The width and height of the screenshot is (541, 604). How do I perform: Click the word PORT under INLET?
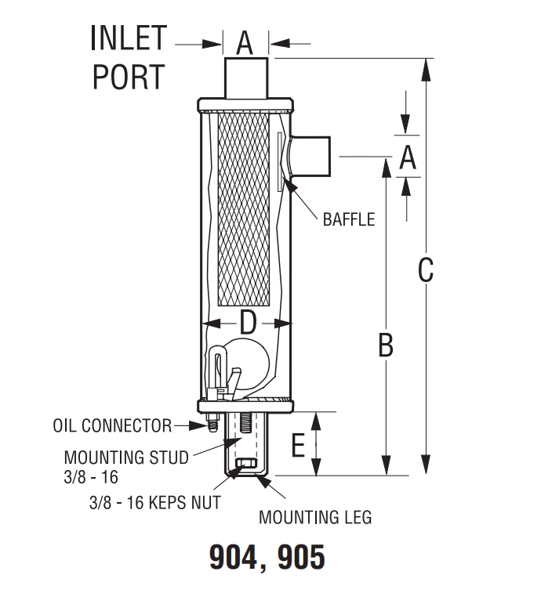pyautogui.click(x=129, y=77)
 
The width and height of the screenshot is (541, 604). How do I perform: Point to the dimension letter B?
pyautogui.click(x=385, y=345)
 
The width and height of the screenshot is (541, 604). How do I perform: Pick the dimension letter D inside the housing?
pyautogui.click(x=247, y=322)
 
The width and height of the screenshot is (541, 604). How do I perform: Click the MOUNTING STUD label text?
pyautogui.click(x=126, y=458)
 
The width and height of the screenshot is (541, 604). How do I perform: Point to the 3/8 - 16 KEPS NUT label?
pyautogui.click(x=154, y=502)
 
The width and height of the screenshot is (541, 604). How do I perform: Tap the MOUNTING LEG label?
pyautogui.click(x=315, y=518)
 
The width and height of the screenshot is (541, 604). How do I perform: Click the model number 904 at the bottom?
pyautogui.click(x=234, y=558)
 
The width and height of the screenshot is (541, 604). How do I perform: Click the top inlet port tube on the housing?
pyautogui.click(x=246, y=78)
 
